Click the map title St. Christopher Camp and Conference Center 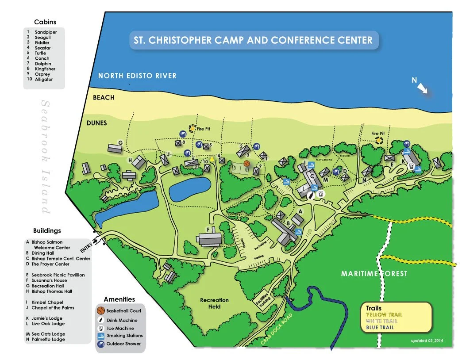pos(253,40)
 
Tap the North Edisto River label pos(137,76)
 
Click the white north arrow pos(423,88)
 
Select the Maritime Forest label pos(374,274)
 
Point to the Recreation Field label pos(215,303)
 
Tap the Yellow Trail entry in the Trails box pos(384,314)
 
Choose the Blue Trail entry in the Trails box pos(380,327)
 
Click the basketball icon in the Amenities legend pos(101,311)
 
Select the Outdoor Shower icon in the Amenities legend pos(101,344)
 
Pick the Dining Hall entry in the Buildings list pos(42,253)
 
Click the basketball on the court pos(246,163)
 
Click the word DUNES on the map pos(97,123)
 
